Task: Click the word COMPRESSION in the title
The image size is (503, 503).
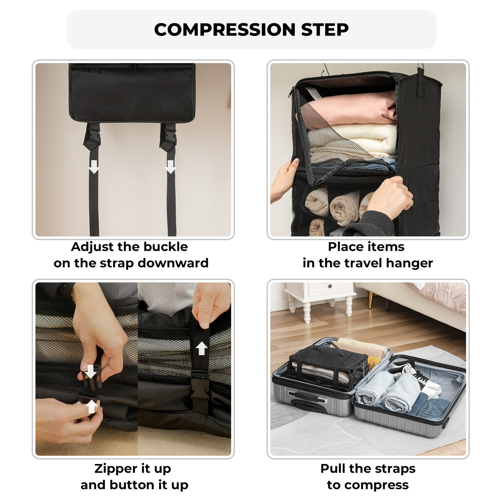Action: pyautogui.click(x=225, y=29)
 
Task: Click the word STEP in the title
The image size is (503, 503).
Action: pyautogui.click(x=324, y=29)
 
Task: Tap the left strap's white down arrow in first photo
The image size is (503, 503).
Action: pyautogui.click(x=94, y=167)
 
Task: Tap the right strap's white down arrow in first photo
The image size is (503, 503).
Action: pyautogui.click(x=170, y=167)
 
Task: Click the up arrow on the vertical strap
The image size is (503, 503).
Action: pyautogui.click(x=201, y=348)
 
